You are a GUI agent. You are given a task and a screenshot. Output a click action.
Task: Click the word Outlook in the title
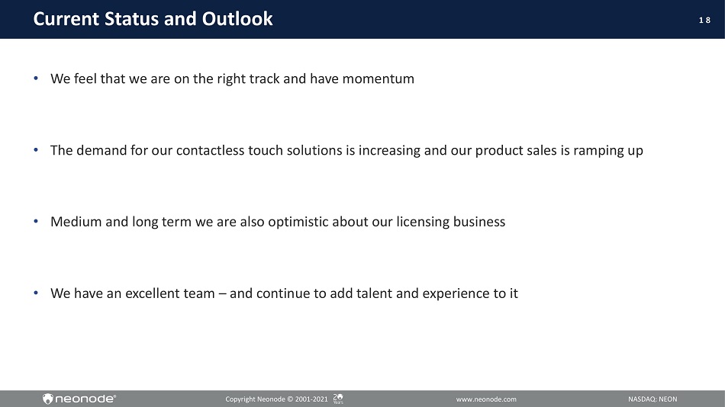click(237, 19)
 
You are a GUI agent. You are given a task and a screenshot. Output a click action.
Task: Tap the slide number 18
click(704, 20)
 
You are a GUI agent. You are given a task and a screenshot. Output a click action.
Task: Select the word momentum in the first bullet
click(379, 79)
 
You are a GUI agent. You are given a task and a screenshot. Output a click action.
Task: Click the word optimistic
click(298, 223)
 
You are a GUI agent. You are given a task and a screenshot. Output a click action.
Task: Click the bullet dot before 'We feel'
click(36, 78)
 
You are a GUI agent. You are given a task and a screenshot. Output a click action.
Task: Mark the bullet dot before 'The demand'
click(36, 149)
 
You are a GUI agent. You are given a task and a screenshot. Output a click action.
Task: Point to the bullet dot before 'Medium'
click(36, 221)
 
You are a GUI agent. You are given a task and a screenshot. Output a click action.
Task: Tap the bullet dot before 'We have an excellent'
click(36, 293)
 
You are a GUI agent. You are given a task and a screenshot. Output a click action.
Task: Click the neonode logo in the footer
click(79, 399)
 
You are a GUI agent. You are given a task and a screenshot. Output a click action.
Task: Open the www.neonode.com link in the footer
click(486, 399)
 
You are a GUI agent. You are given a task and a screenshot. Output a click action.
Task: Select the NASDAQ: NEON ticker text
click(652, 399)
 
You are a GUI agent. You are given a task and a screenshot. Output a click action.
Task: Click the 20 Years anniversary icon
click(338, 399)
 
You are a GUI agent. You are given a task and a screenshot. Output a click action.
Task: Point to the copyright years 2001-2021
click(311, 399)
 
